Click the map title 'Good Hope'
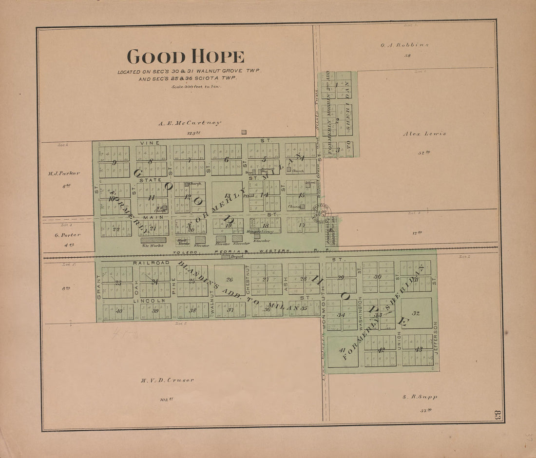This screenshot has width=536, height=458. [x=185, y=57]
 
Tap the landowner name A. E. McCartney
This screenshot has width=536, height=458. [x=189, y=123]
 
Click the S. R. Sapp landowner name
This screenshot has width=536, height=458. [x=420, y=397]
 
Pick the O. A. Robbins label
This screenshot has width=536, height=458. [x=404, y=45]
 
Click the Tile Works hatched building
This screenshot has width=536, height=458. [x=153, y=240]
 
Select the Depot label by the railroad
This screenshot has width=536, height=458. [x=237, y=256]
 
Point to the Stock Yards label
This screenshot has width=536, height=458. [x=183, y=241]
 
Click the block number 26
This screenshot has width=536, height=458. [x=230, y=280]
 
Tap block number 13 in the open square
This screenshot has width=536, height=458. [x=227, y=196]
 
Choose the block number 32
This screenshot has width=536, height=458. [x=416, y=313]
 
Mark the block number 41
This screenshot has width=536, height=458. [x=342, y=350]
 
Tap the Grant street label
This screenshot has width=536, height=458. [x=98, y=286]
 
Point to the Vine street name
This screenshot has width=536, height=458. [x=147, y=143]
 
